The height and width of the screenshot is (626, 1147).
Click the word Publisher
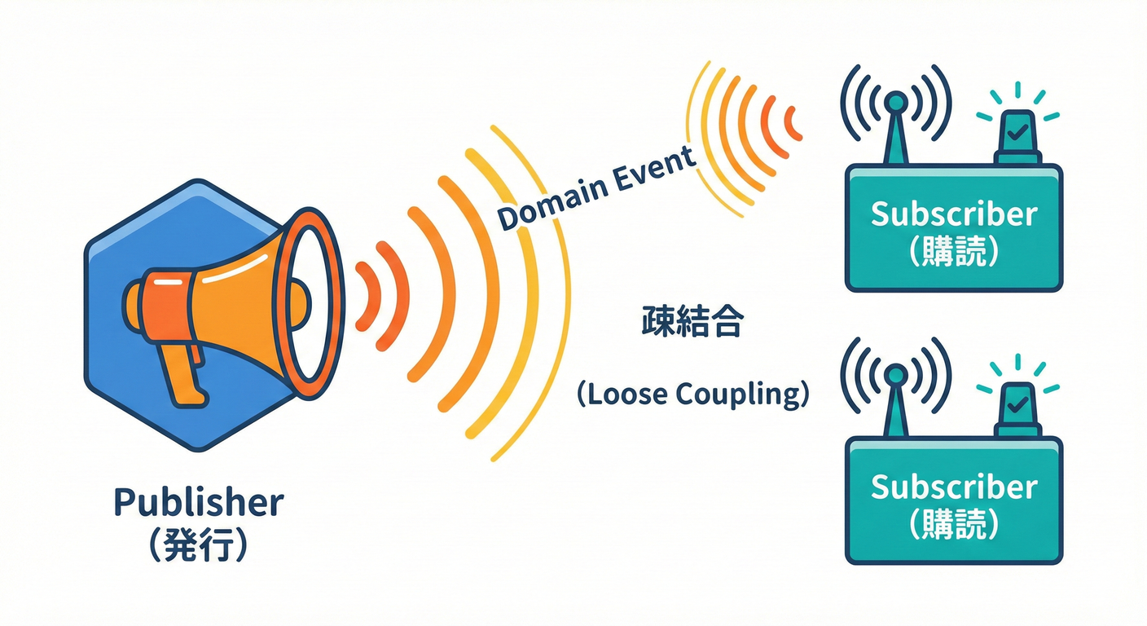(x=199, y=502)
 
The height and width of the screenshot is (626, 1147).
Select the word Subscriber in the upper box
(x=954, y=214)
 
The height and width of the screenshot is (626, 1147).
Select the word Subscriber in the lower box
(x=954, y=487)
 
